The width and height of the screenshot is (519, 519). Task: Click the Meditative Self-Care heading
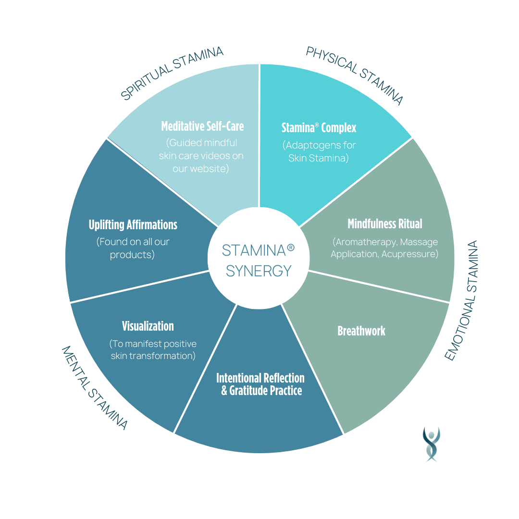[x=202, y=126]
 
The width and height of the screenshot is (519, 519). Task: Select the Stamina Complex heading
[x=319, y=128]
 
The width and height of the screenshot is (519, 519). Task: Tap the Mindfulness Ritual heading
[x=384, y=224]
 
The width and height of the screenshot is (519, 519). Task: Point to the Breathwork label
[x=361, y=331]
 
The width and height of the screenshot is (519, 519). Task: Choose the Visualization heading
[x=148, y=326]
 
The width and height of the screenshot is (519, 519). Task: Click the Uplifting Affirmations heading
[x=133, y=225]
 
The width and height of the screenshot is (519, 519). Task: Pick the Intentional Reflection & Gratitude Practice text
[x=260, y=384]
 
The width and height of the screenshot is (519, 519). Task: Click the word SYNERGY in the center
[x=259, y=271]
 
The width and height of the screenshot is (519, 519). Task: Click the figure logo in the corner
[x=431, y=444]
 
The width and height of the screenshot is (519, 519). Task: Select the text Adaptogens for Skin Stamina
[x=319, y=151]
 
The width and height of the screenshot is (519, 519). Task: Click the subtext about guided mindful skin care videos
[x=201, y=156]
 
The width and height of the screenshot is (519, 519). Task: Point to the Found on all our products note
[x=133, y=248]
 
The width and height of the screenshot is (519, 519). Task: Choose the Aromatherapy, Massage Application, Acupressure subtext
[x=384, y=248]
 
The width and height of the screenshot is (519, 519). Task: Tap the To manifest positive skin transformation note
[x=153, y=350]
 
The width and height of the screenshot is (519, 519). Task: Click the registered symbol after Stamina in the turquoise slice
[x=317, y=124]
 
